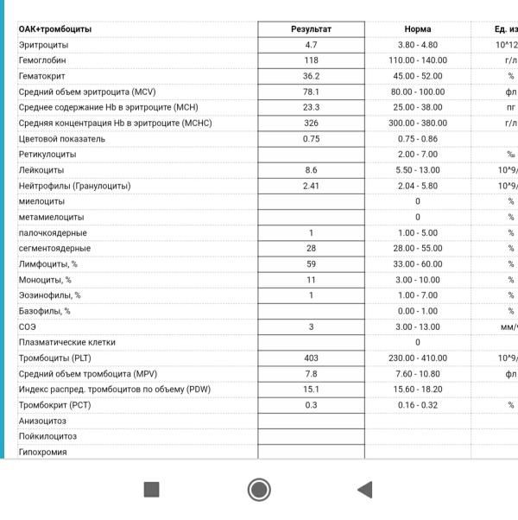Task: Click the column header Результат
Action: (x=311, y=29)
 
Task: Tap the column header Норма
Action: (x=417, y=29)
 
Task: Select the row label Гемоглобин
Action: (x=41, y=60)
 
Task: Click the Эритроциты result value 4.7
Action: (x=311, y=45)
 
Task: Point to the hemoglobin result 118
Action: (x=311, y=60)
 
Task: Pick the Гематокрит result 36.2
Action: (x=311, y=76)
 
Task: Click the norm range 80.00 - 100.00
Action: (x=417, y=92)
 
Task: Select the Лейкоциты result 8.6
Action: (x=311, y=170)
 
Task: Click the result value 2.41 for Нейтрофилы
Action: (x=311, y=186)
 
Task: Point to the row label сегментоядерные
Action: (x=54, y=249)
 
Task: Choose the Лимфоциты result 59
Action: (x=311, y=264)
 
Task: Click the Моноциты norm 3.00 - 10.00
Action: (x=417, y=280)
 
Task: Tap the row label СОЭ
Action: (x=27, y=327)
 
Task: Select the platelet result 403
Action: (x=311, y=358)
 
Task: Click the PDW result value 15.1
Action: (x=311, y=390)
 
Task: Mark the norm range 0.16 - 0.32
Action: (x=417, y=405)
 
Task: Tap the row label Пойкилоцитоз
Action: (x=47, y=436)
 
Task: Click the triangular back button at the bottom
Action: (x=364, y=490)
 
